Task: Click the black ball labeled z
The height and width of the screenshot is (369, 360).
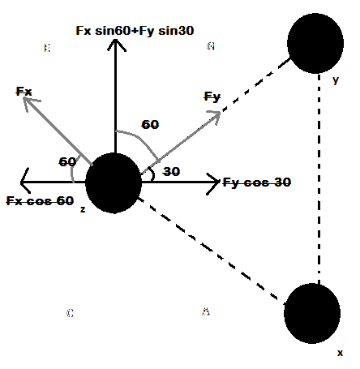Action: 114,182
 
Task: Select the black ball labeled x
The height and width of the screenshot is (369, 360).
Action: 312,312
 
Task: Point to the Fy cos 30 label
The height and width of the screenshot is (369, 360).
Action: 257,182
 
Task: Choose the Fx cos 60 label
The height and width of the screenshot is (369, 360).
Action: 40,200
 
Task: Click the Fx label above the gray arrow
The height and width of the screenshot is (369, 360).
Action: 25,92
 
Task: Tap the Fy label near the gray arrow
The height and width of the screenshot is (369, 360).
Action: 212,97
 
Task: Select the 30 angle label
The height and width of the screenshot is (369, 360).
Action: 171,172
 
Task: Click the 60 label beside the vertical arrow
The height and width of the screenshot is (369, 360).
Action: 150,125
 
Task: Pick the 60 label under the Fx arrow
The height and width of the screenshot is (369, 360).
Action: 67,161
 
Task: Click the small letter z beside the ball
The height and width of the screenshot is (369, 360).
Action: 83,209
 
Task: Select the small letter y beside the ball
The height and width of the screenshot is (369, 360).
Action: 335,80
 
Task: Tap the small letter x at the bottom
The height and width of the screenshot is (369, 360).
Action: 341,354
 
